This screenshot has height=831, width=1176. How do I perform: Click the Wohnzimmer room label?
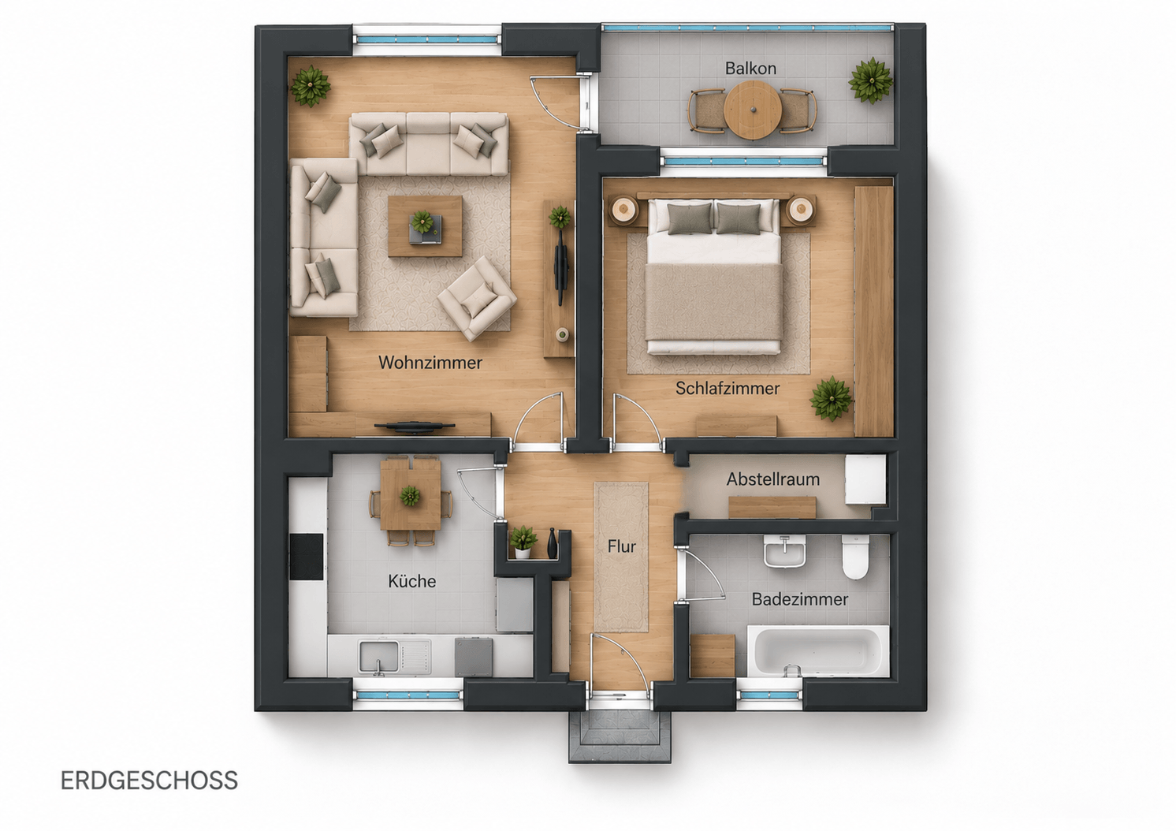click(430, 363)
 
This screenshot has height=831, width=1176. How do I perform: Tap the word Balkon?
click(750, 69)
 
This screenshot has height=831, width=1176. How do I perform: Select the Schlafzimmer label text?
click(728, 388)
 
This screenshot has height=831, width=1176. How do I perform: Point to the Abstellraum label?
click(772, 479)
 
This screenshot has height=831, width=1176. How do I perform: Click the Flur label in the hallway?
click(622, 547)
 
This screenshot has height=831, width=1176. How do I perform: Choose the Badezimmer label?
click(799, 599)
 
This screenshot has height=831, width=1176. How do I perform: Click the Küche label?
click(411, 581)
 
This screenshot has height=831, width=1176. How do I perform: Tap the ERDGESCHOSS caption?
click(149, 781)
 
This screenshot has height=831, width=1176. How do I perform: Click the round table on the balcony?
click(752, 110)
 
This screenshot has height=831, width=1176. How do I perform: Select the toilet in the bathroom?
click(855, 557)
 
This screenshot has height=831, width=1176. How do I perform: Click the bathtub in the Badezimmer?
click(818, 651)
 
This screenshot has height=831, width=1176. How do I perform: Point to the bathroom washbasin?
click(784, 552)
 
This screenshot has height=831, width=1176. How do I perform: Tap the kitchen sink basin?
click(378, 657)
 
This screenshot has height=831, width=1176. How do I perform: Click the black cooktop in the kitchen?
click(306, 557)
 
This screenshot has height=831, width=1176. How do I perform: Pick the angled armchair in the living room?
click(477, 298)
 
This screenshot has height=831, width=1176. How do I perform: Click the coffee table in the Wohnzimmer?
click(425, 225)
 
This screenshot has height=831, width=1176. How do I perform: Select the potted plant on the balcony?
click(870, 80)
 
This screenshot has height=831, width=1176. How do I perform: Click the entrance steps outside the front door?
click(620, 736)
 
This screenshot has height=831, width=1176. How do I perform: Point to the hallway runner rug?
click(621, 557)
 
